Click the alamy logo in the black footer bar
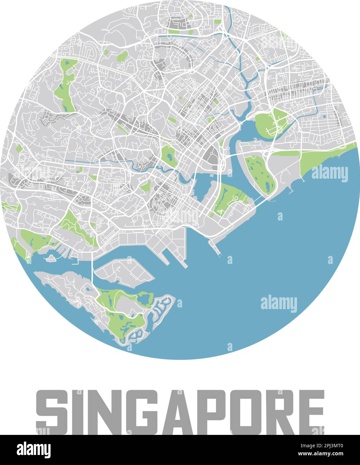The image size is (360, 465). (x=33, y=450)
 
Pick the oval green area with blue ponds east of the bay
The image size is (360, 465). (x=260, y=174)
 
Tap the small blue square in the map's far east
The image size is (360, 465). (x=324, y=116)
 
